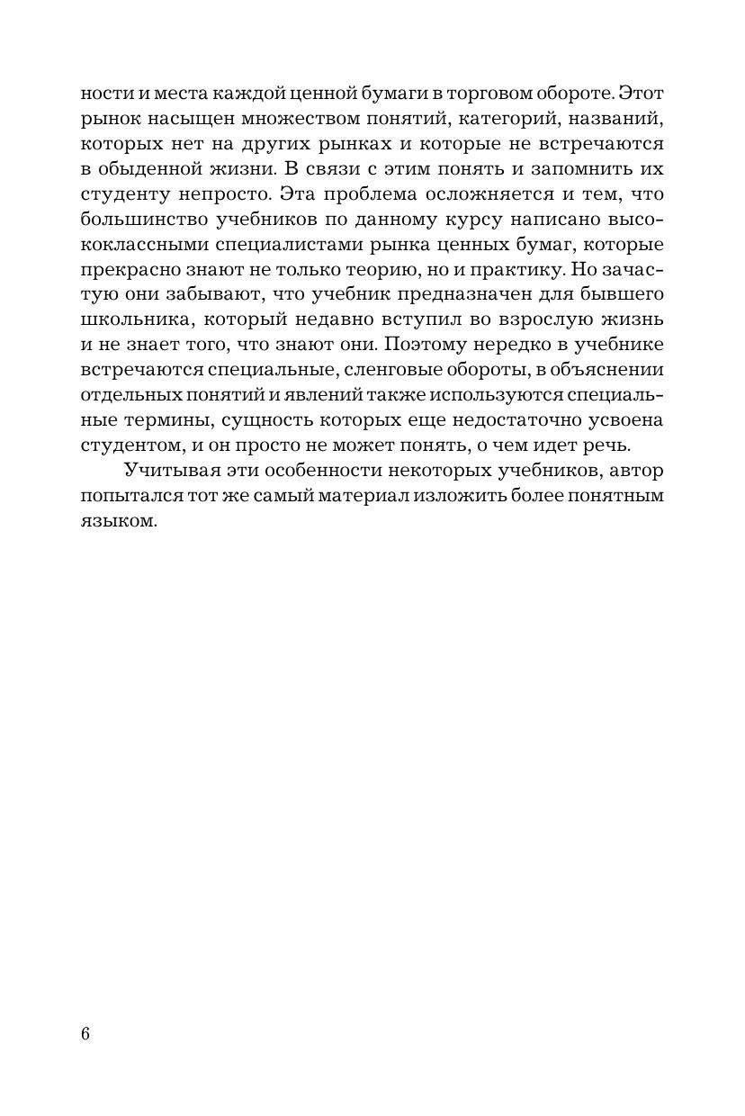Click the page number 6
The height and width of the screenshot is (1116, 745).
(85, 1033)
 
